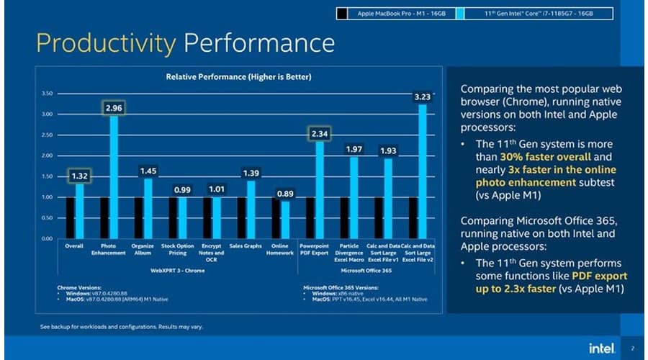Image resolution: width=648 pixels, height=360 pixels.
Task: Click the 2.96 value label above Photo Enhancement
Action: click(113, 108)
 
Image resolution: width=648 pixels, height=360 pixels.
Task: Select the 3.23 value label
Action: click(422, 96)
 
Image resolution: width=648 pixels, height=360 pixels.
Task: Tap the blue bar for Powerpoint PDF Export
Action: click(319, 191)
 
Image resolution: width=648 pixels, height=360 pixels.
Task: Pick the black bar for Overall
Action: click(70, 217)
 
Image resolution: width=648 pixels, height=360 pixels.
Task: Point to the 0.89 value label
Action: click(285, 194)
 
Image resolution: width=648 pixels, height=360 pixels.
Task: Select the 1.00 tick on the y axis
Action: click(47, 197)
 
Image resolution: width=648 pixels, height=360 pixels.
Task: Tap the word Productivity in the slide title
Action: click(105, 43)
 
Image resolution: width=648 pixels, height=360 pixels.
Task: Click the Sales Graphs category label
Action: click(246, 246)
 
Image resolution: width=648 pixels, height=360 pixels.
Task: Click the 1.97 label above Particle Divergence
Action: click(354, 149)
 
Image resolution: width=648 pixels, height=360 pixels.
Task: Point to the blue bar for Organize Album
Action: click(148, 208)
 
